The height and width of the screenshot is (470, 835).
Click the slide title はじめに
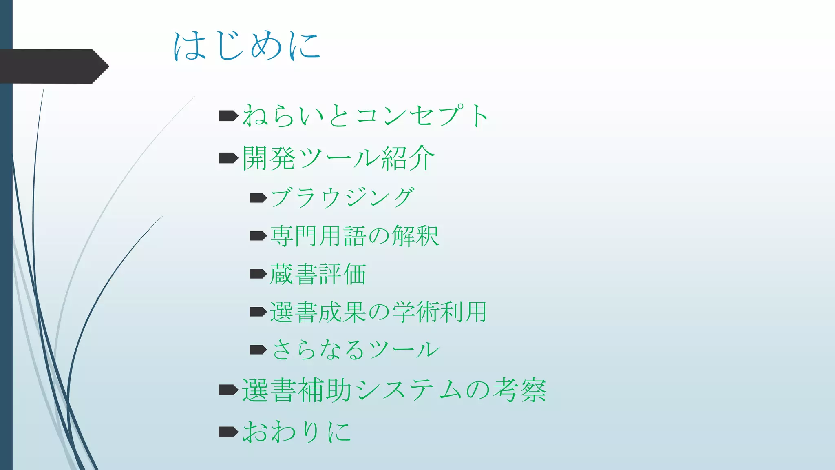247,46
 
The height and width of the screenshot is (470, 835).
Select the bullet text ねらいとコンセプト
365,115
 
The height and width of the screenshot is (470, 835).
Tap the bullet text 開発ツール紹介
338,158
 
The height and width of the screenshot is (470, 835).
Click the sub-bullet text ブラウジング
342,198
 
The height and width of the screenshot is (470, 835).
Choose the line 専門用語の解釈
354,236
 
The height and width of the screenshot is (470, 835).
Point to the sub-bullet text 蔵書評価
318,274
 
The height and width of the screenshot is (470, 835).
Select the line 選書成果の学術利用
378,312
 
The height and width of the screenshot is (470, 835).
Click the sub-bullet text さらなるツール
355,350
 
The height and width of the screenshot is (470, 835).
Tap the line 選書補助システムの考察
394,390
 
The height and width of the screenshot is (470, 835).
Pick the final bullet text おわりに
296,432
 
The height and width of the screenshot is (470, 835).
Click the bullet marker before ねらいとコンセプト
228,116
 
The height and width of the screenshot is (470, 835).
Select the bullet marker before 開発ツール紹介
228,158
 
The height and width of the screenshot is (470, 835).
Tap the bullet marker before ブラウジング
258,198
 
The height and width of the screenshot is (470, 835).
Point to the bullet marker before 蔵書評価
258,274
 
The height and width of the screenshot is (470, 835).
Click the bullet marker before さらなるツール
258,350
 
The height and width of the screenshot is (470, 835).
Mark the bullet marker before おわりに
228,432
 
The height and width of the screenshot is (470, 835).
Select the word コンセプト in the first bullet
422,115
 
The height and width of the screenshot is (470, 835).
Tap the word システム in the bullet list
409,390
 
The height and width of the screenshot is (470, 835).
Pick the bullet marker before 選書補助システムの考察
228,390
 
